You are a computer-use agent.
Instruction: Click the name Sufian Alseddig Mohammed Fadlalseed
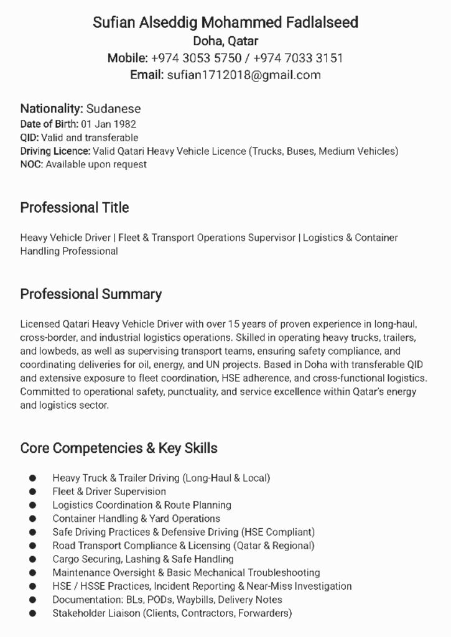pyautogui.click(x=225, y=23)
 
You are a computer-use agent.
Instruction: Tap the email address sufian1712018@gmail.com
pyautogui.click(x=244, y=75)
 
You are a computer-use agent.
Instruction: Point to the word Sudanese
pyautogui.click(x=113, y=109)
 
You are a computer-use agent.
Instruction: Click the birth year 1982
pyautogui.click(x=124, y=124)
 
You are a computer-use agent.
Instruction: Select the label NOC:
pyautogui.click(x=31, y=164)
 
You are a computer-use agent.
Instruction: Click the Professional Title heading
pyautogui.click(x=75, y=208)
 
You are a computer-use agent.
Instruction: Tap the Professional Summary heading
pyautogui.click(x=91, y=294)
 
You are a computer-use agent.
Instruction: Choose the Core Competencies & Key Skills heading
pyautogui.click(x=119, y=448)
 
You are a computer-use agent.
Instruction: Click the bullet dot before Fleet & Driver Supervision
pyautogui.click(x=32, y=491)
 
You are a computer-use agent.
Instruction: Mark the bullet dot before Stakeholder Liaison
pyautogui.click(x=32, y=613)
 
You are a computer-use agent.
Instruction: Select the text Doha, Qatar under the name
pyautogui.click(x=225, y=42)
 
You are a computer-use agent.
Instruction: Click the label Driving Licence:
pyautogui.click(x=55, y=151)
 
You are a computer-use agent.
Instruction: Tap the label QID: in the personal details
pyautogui.click(x=29, y=137)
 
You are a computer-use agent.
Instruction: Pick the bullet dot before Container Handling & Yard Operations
pyautogui.click(x=32, y=518)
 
